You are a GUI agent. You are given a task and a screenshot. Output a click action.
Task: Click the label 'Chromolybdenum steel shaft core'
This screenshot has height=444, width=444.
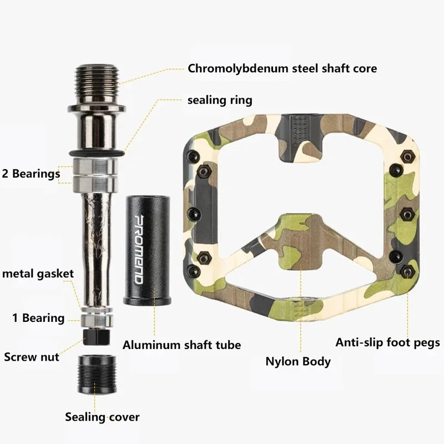pyautogui.click(x=282, y=69)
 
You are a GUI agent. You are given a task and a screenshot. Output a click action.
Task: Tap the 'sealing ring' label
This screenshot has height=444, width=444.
pyautogui.click(x=220, y=100)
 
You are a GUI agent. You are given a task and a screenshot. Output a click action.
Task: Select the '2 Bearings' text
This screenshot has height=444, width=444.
pyautogui.click(x=31, y=174)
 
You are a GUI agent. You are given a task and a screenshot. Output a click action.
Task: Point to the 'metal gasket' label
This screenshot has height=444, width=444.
pyautogui.click(x=38, y=274)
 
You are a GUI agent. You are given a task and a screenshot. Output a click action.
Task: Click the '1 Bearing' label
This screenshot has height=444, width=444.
pyautogui.click(x=39, y=319)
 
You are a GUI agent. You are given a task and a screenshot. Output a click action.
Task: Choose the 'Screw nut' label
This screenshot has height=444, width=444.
pyautogui.click(x=32, y=357)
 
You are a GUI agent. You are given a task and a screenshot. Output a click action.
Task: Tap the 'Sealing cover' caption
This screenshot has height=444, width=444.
pyautogui.click(x=102, y=416)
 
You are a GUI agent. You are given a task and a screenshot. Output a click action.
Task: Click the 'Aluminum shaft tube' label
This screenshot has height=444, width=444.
pyautogui.click(x=181, y=345)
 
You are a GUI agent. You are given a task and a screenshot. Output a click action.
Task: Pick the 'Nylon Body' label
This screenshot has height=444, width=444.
pyautogui.click(x=298, y=361)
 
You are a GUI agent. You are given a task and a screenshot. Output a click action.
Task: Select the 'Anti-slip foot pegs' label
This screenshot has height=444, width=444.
pyautogui.click(x=388, y=342)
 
